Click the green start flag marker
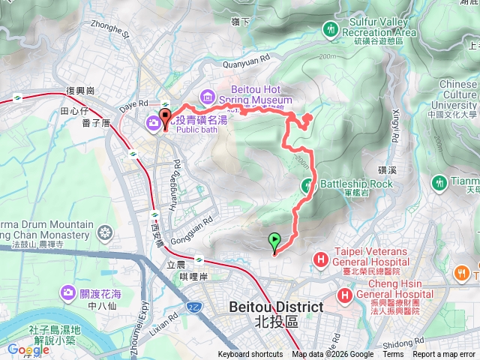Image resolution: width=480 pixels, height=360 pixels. (274, 241)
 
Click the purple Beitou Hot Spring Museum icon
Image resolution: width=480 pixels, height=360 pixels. (207, 96)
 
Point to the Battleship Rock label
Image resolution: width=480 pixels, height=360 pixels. (356, 184)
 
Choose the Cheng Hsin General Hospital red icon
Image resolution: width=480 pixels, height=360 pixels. (344, 295)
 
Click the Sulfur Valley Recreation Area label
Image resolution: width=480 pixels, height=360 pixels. (378, 28)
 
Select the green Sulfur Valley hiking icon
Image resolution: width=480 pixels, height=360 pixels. (331, 28)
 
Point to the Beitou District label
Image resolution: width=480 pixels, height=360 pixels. (275, 313)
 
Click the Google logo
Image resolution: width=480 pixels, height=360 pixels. (28, 349)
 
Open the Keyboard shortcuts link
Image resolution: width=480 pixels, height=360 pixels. (250, 355)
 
